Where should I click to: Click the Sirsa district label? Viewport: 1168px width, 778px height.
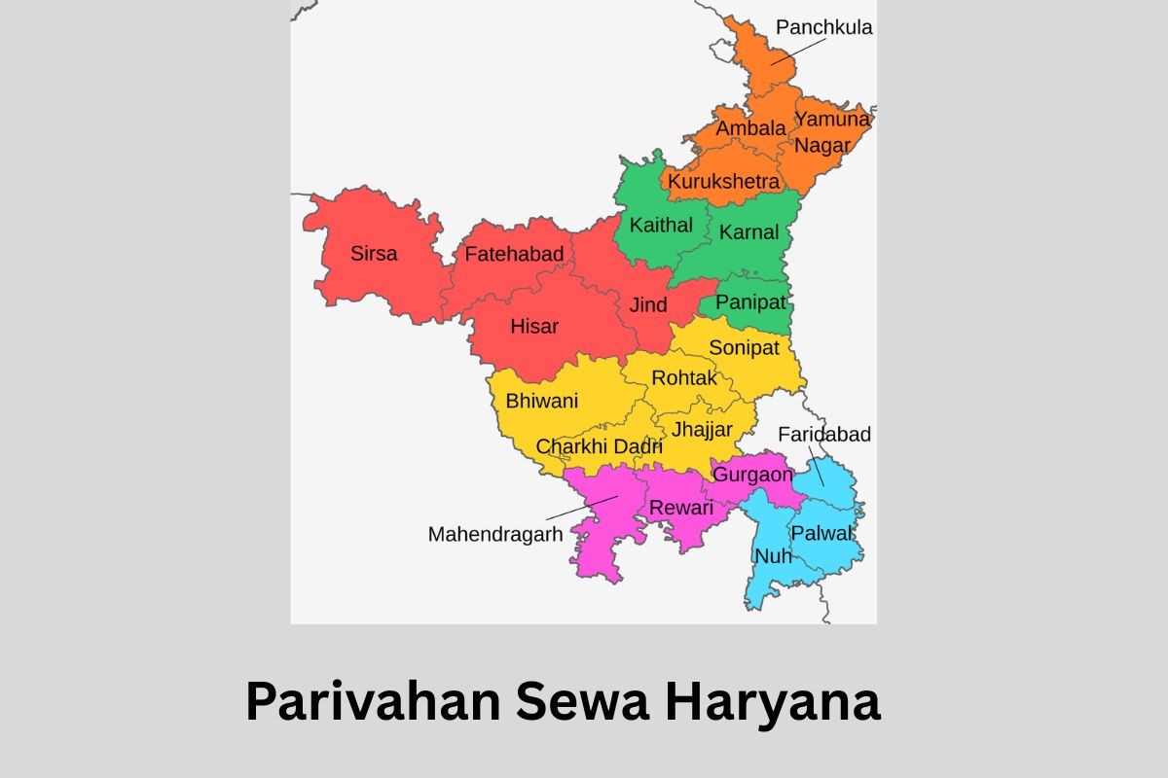pos(374,254)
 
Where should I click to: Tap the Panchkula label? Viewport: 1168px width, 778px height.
pos(824,27)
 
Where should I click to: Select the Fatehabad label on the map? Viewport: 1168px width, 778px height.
pos(514,255)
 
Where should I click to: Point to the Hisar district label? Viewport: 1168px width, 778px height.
pos(534,327)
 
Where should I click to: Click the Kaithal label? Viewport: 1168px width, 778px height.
pos(661,226)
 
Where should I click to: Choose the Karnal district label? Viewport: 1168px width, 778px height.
pos(748,232)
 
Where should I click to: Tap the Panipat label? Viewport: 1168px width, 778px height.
pos(750,302)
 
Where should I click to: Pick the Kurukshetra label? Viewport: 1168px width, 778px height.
pos(723,182)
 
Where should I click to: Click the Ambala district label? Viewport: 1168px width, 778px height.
pos(750,128)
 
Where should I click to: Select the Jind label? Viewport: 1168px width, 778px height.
pos(648,305)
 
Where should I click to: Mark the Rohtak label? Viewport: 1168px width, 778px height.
pos(683,378)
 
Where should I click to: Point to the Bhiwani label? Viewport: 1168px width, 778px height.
pos(541,401)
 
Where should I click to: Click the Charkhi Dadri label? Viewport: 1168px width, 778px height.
pos(600,447)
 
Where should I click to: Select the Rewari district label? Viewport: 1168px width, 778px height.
pos(681,508)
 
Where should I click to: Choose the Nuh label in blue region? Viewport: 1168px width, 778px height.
pos(774,556)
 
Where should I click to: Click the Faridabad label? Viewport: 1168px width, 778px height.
pos(824,435)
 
